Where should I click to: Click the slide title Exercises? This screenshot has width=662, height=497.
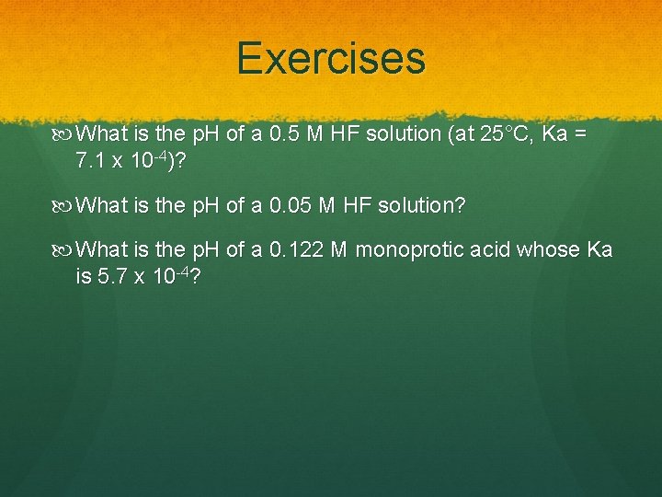(331, 58)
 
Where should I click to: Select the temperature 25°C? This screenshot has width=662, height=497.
(501, 134)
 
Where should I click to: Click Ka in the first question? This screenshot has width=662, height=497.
(556, 134)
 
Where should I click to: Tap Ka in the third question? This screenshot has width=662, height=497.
(599, 250)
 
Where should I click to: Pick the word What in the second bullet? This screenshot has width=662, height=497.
(104, 205)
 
